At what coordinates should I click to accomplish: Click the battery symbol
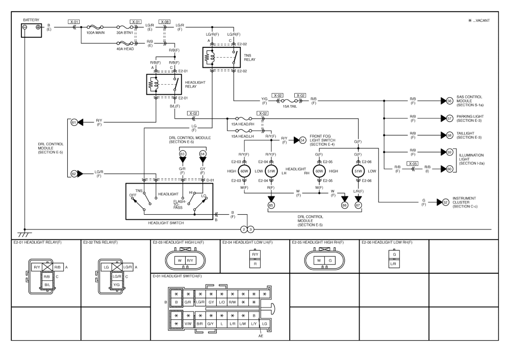coord(31,30)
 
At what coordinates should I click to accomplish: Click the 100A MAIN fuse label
coord(95,33)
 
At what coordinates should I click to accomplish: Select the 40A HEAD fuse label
coord(125,49)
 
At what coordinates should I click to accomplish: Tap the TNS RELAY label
coord(249,58)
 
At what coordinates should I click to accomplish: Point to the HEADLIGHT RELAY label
coord(195,85)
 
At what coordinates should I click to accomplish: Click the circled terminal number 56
coord(449,101)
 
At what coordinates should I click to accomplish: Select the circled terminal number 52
coord(446,202)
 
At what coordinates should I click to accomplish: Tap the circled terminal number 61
coord(74,122)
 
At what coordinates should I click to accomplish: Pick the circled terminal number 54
coord(302,140)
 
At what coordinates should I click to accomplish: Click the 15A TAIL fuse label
coord(290,107)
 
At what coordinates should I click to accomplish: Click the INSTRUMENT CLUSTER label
coord(464,200)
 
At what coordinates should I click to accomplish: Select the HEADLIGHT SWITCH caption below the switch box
coord(166,223)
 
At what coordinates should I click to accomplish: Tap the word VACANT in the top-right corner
coord(482,20)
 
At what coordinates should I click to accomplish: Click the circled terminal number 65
coord(271,205)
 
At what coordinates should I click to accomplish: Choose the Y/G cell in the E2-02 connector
coord(116,285)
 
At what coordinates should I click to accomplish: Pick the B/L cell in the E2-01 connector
coord(47,285)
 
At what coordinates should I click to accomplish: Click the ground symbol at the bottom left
coord(24,234)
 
